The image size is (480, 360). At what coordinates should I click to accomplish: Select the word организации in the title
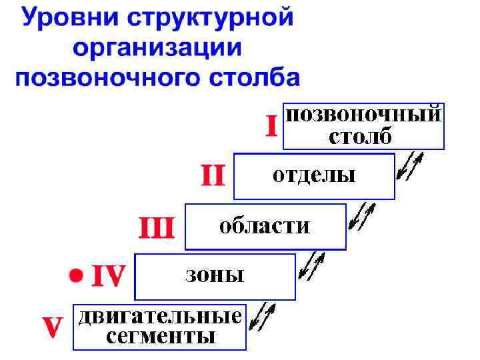pyautogui.click(x=157, y=48)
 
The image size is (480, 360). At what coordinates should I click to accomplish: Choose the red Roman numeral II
pyautogui.click(x=213, y=176)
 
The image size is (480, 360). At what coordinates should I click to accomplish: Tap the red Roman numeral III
pyautogui.click(x=155, y=228)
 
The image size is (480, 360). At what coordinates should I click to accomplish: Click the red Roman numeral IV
pyautogui.click(x=108, y=275)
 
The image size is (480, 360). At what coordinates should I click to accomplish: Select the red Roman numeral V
pyautogui.click(x=52, y=327)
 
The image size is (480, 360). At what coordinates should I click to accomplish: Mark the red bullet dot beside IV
pyautogui.click(x=77, y=275)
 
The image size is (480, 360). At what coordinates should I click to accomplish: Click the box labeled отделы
pyautogui.click(x=314, y=176)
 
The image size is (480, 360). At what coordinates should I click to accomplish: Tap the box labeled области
pyautogui.click(x=265, y=226)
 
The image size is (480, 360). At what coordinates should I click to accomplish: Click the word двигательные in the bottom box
pyautogui.click(x=160, y=316)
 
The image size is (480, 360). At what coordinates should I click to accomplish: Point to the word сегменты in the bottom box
pyautogui.click(x=161, y=337)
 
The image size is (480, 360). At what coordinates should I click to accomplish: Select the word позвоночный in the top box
pyautogui.click(x=363, y=114)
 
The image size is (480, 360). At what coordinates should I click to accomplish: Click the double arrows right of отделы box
pyautogui.click(x=410, y=167)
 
